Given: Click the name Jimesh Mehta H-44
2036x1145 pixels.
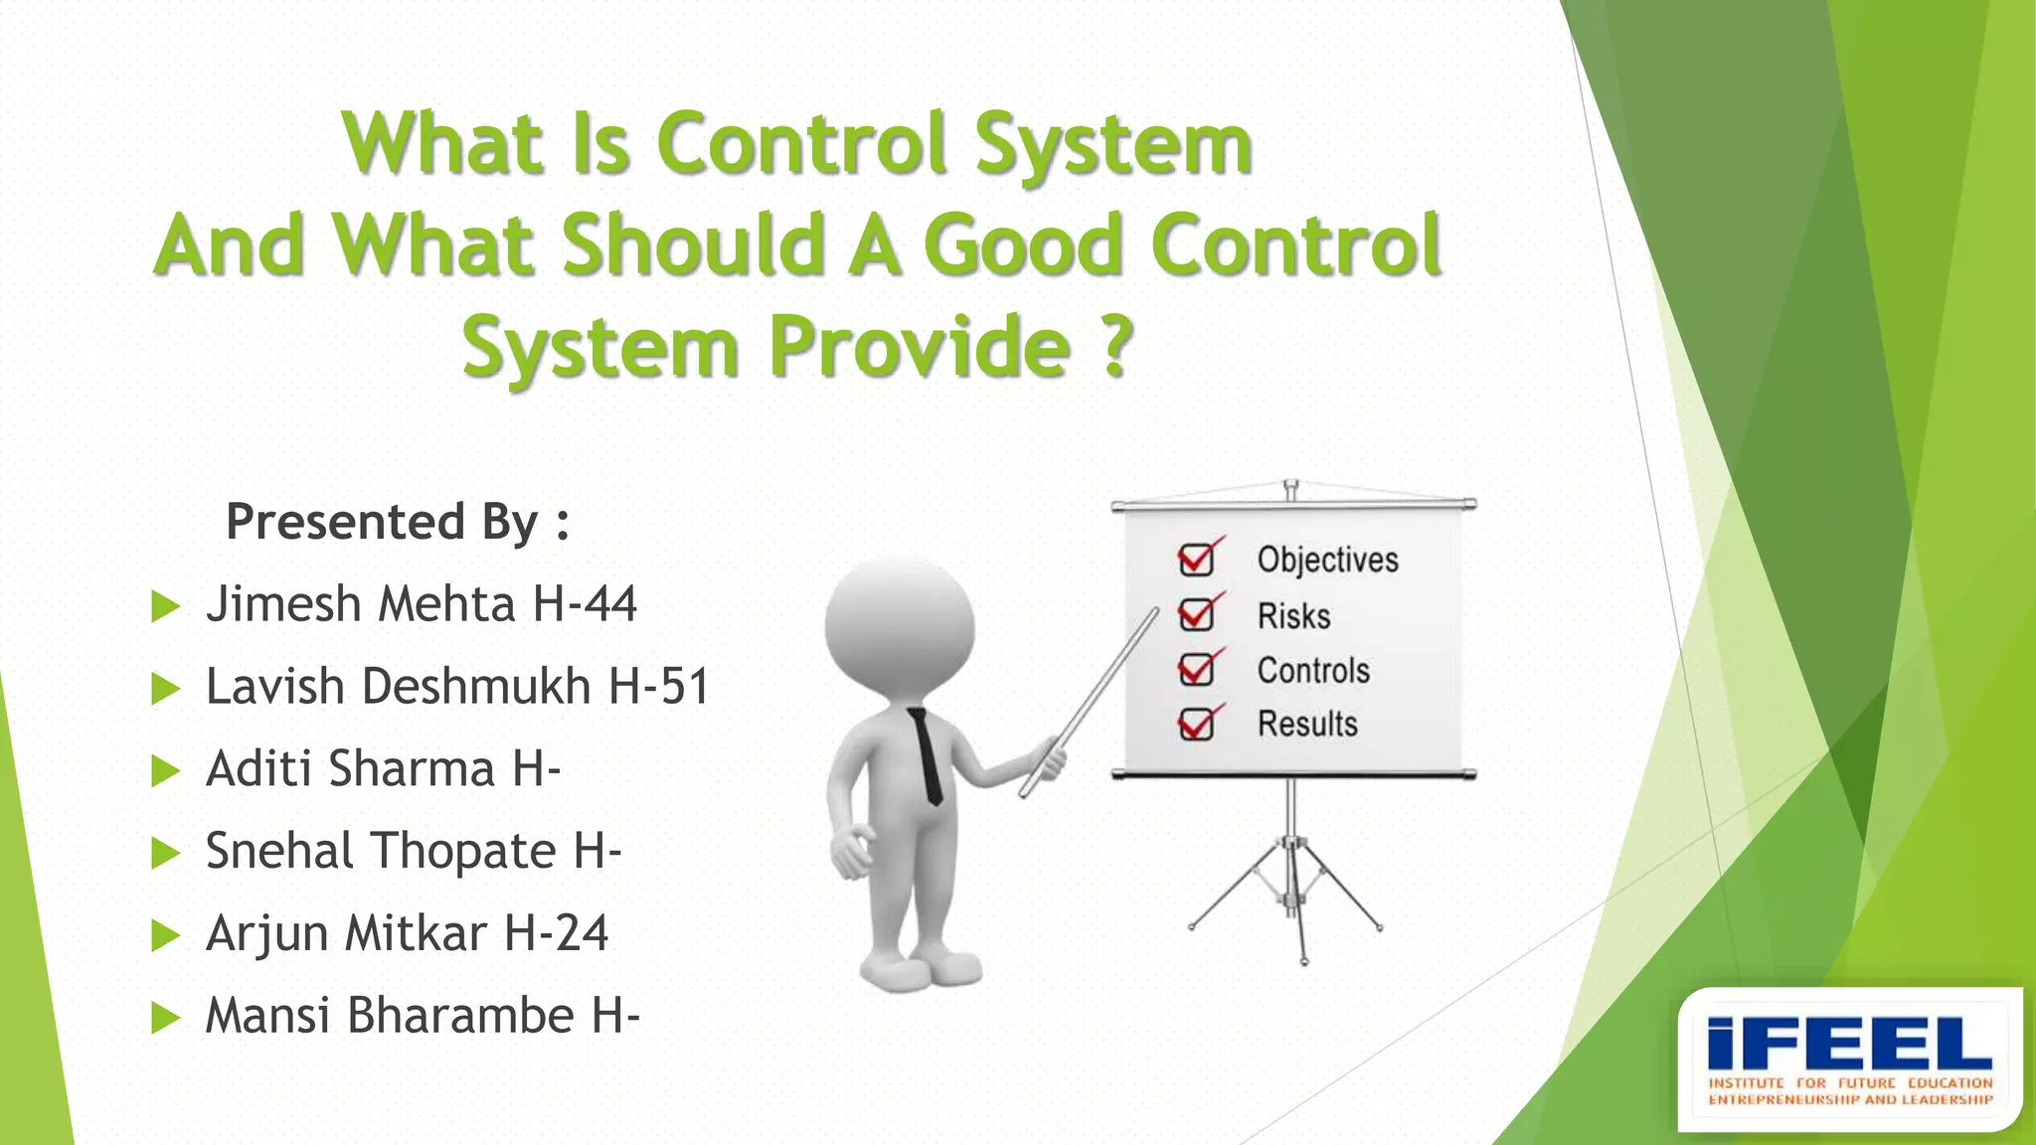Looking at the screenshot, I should (421, 604).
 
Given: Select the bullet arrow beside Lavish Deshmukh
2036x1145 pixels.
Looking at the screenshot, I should (165, 689).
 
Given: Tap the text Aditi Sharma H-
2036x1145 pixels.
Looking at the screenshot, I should (383, 769).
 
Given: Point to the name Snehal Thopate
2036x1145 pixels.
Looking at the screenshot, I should (380, 852).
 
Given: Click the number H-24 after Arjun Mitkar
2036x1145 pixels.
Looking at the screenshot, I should (556, 934).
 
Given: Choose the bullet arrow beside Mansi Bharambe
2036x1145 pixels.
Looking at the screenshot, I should (165, 1018).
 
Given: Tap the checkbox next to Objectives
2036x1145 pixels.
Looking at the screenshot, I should (1196, 560).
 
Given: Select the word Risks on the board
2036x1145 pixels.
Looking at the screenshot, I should (1293, 616).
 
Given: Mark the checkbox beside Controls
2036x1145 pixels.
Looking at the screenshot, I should (1196, 670).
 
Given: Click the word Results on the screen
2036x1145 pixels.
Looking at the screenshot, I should (1307, 725).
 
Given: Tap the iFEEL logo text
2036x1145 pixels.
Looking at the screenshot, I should (1849, 1044).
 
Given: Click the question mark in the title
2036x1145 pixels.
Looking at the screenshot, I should (1118, 345).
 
